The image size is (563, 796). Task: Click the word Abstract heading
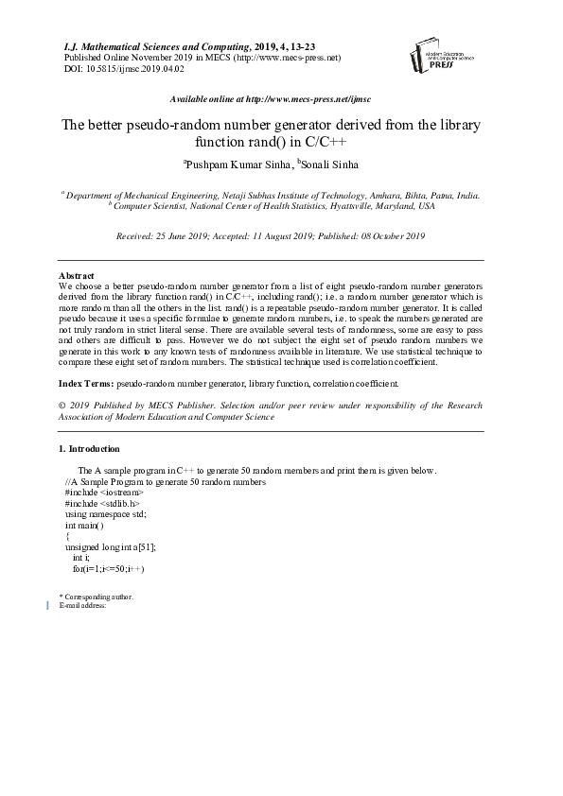76,275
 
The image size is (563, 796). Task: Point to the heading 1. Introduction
89,448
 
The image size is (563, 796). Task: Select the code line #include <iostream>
104,493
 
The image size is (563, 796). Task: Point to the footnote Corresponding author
98,597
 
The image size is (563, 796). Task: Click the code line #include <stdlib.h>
101,504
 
